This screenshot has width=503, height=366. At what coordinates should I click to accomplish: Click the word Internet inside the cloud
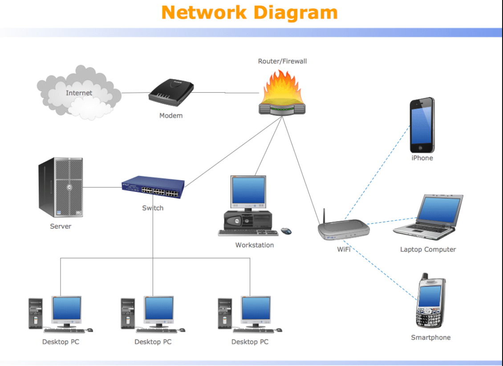(x=79, y=93)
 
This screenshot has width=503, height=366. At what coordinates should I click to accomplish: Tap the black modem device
(x=171, y=92)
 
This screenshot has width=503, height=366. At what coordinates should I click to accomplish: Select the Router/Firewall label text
(x=282, y=61)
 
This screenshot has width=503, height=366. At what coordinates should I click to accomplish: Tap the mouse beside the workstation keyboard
(x=286, y=231)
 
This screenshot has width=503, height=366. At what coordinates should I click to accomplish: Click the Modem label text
(x=171, y=116)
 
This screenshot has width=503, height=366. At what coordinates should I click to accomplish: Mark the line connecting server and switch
(x=102, y=187)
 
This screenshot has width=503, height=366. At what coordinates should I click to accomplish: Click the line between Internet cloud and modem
(x=135, y=93)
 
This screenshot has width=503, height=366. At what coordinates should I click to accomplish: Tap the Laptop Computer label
(x=428, y=249)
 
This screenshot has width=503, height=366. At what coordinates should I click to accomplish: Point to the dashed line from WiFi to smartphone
(x=383, y=276)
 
